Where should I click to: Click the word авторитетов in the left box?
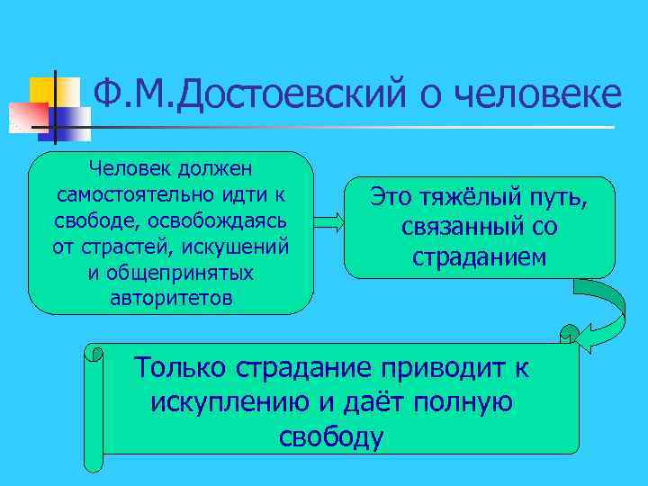(x=170, y=299)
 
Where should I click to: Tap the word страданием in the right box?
(x=479, y=256)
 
